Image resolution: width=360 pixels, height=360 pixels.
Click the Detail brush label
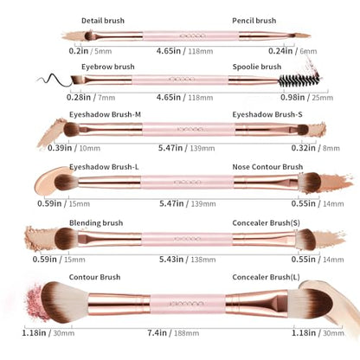click(103, 21)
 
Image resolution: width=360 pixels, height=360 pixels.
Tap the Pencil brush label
click(254, 21)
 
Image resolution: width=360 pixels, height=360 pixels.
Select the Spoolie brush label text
click(257, 67)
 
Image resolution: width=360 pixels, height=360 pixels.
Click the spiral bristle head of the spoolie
click(299, 80)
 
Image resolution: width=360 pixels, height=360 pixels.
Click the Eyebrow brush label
click(108, 67)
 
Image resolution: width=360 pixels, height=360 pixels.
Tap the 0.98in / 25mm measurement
click(306, 98)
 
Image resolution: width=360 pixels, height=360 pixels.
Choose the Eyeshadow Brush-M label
click(105, 114)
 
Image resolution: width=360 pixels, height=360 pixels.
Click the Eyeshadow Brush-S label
click(267, 114)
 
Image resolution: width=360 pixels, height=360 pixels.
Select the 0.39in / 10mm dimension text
click(74, 148)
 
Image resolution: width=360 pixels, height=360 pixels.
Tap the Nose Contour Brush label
click(267, 167)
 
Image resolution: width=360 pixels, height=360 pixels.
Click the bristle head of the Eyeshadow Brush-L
click(66, 183)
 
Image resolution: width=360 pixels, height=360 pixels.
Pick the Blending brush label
click(96, 223)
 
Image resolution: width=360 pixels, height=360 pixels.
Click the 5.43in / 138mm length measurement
click(188, 260)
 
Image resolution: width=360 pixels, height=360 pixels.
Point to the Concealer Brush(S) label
click(266, 223)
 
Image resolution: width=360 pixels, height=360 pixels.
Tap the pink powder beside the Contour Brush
click(36, 302)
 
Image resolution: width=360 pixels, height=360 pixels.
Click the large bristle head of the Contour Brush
click(64, 302)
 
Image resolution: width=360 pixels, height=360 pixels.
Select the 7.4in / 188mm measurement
click(173, 333)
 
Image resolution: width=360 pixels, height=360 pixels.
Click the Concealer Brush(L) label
click(266, 277)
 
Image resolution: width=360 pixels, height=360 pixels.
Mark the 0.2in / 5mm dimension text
click(90, 51)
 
